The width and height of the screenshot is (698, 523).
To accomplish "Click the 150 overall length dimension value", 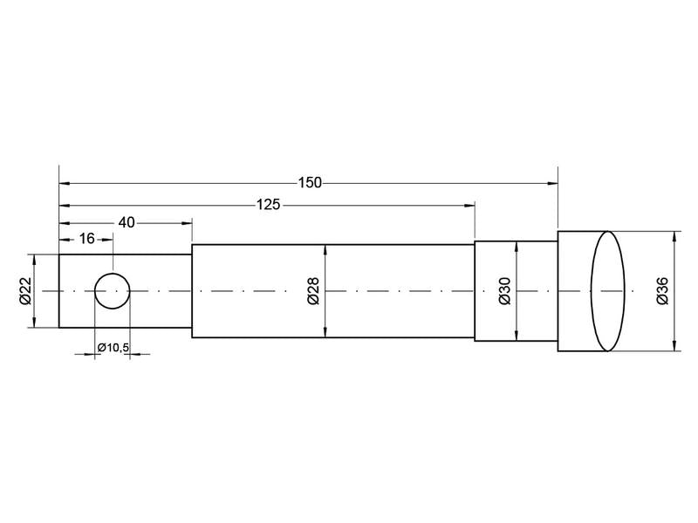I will pyautogui.click(x=309, y=183).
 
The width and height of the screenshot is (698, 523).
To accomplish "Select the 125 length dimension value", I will pyautogui.click(x=269, y=206).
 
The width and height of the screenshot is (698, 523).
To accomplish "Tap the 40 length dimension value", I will pyautogui.click(x=126, y=223).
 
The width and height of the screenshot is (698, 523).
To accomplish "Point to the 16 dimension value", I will pyautogui.click(x=86, y=239).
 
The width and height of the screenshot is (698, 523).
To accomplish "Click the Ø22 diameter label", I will pyautogui.click(x=25, y=290).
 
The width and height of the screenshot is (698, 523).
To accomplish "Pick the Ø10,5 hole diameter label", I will pyautogui.click(x=113, y=348).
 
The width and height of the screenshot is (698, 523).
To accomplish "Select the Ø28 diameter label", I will pyautogui.click(x=314, y=290).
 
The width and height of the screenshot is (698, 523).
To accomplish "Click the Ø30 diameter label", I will pyautogui.click(x=505, y=290).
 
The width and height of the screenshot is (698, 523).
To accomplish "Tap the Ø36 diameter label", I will pyautogui.click(x=663, y=290).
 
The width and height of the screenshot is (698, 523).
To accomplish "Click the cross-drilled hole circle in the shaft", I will pyautogui.click(x=113, y=290).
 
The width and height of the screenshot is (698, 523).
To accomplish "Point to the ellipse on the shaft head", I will pyautogui.click(x=608, y=290).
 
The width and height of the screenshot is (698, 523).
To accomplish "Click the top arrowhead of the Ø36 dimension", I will pyautogui.click(x=676, y=235).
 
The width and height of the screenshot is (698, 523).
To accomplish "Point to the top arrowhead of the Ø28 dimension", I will pyautogui.click(x=325, y=249).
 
